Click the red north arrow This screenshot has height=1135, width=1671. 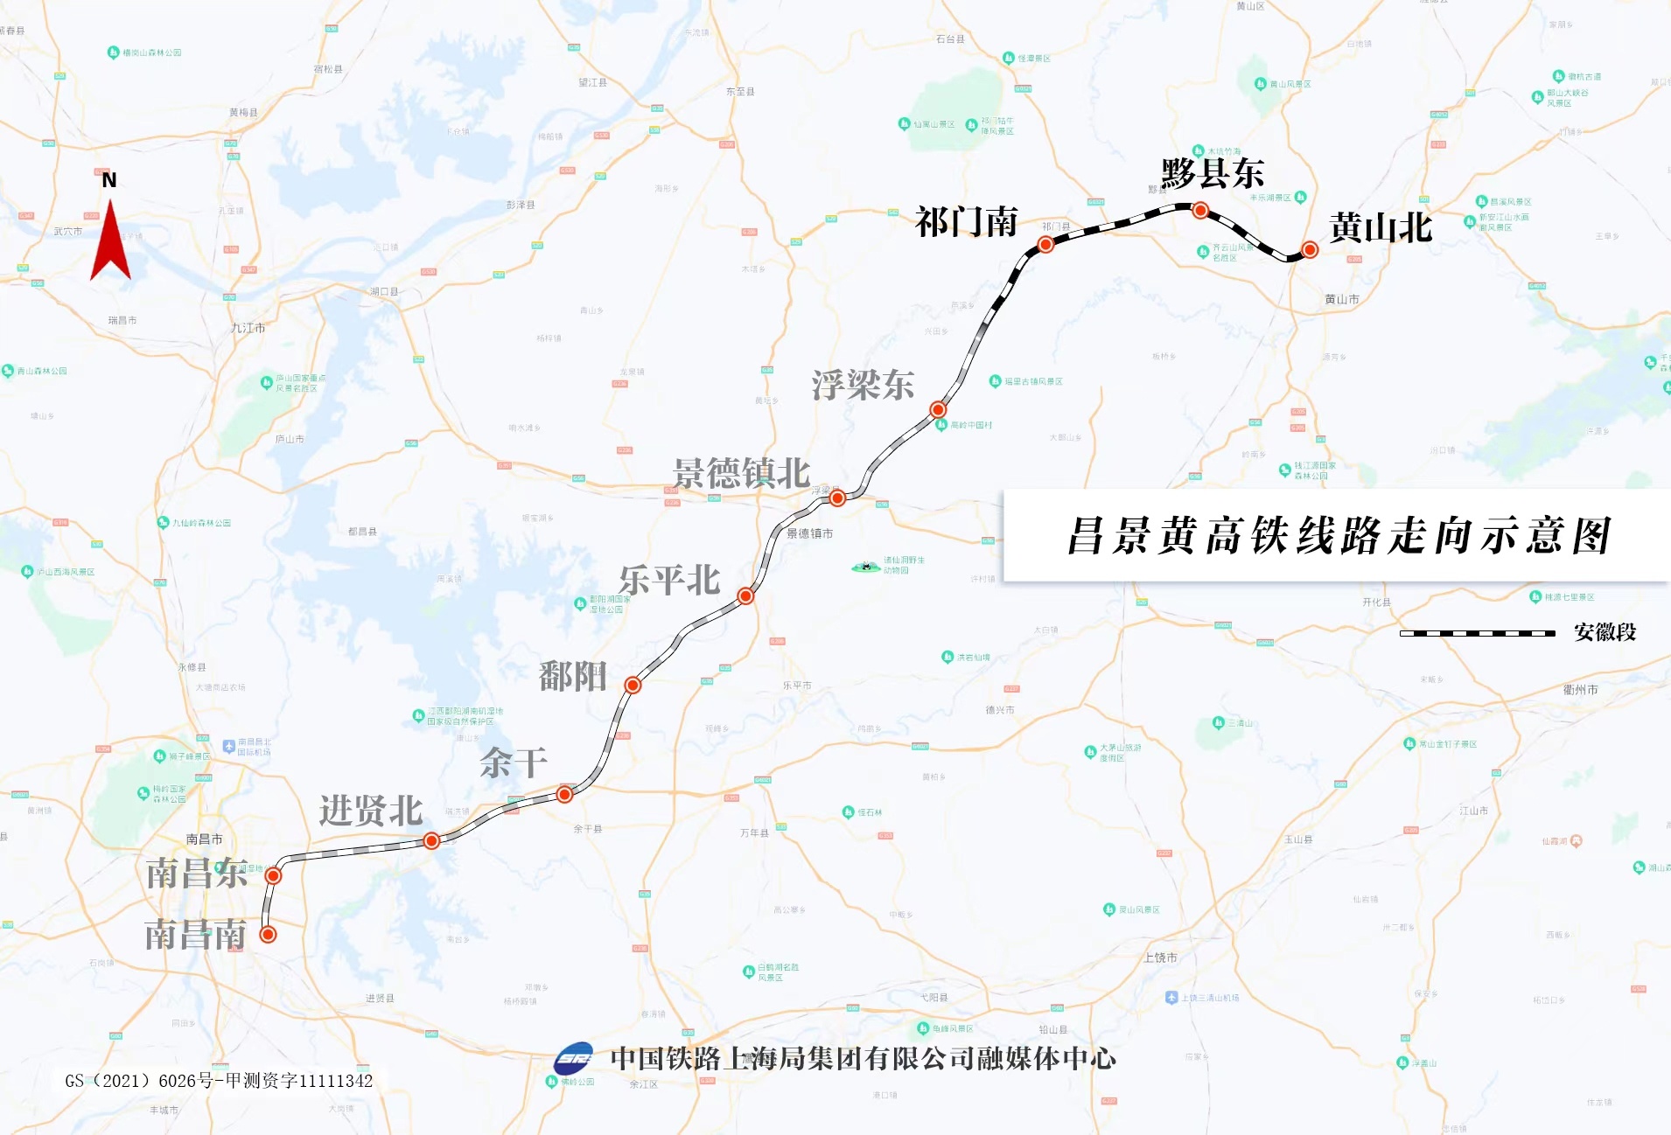point(110,243)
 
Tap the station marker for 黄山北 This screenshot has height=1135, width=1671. point(1310,250)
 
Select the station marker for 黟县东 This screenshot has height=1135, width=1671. point(1200,210)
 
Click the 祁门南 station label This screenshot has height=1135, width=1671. point(967,222)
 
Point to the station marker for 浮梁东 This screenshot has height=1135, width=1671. point(938,409)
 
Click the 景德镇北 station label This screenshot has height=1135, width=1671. point(741,474)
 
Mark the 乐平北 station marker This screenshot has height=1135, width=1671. point(745,596)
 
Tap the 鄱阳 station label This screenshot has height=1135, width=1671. point(573,676)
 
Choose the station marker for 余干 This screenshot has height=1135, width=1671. point(564,794)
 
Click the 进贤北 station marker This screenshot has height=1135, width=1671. point(431,840)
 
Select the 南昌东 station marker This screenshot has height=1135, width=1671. point(273,875)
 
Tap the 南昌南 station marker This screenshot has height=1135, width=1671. point(269,934)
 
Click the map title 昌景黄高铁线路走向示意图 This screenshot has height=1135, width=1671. point(1339,536)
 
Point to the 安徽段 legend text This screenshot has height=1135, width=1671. point(1605,632)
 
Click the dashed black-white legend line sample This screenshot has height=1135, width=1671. point(1477,633)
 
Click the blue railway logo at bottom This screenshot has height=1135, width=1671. point(574,1059)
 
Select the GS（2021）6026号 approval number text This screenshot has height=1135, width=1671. point(219,1081)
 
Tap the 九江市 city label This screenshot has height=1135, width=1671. point(248,328)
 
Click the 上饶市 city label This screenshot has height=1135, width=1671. point(1160,957)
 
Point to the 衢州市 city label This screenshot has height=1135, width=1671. point(1580,690)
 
